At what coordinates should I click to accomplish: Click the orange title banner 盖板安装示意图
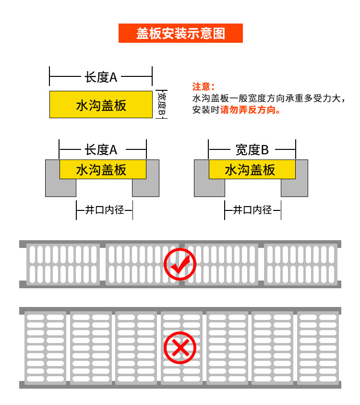click(180, 33)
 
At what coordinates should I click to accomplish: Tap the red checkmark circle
click(180, 263)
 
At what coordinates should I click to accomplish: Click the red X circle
click(180, 347)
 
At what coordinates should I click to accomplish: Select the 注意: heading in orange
click(202, 86)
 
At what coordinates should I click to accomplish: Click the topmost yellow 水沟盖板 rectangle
click(101, 104)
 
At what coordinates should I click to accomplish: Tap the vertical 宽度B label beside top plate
click(161, 104)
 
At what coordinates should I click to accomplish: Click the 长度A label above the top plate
click(101, 77)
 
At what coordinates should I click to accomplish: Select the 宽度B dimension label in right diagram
click(252, 150)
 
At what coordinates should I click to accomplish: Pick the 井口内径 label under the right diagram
click(252, 210)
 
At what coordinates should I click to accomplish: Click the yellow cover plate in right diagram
click(252, 170)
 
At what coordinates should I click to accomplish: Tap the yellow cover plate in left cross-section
click(103, 170)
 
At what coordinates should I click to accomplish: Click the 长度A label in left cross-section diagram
click(101, 150)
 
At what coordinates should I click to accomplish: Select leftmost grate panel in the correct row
click(63, 264)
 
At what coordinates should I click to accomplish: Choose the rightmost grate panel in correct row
click(300, 264)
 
